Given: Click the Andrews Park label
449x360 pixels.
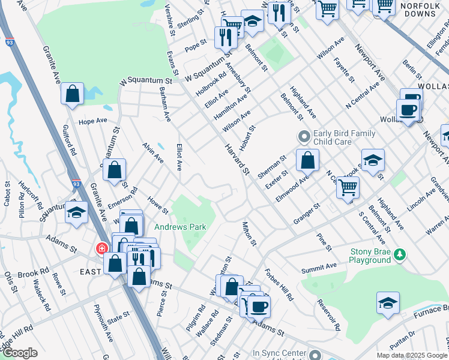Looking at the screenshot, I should point(180,227).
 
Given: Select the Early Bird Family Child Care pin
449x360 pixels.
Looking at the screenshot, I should point(304,137).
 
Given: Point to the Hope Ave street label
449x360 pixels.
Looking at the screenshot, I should point(92,121).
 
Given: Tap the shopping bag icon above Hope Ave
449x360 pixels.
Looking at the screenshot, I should point(72,94).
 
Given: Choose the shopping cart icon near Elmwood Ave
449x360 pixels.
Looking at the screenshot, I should point(348,187).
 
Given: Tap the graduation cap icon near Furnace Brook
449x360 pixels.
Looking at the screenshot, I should point(388,304).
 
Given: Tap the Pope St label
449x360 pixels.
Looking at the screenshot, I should point(196,47).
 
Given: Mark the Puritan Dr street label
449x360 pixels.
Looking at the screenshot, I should point(403,342).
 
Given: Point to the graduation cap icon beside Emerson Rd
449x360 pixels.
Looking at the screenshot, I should point(77,212).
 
